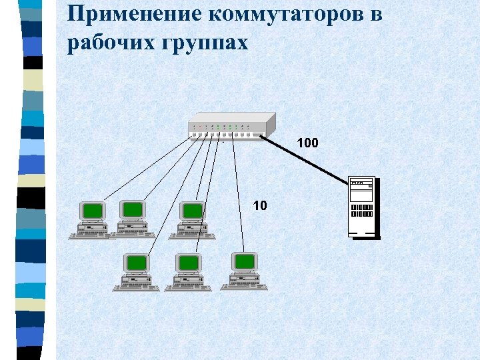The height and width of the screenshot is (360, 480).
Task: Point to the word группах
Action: [203, 44]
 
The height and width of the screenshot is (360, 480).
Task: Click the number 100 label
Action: [307, 143]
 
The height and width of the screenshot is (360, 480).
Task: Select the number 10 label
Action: [260, 206]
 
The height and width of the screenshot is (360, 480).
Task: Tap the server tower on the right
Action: [362, 207]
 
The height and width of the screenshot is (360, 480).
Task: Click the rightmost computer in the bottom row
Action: [244, 271]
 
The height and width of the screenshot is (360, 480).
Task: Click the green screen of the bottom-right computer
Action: [245, 261]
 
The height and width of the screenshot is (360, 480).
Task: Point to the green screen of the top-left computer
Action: [93, 211]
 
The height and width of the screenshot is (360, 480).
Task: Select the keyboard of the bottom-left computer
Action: [135, 288]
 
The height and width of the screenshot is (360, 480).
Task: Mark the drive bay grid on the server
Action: [362, 211]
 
